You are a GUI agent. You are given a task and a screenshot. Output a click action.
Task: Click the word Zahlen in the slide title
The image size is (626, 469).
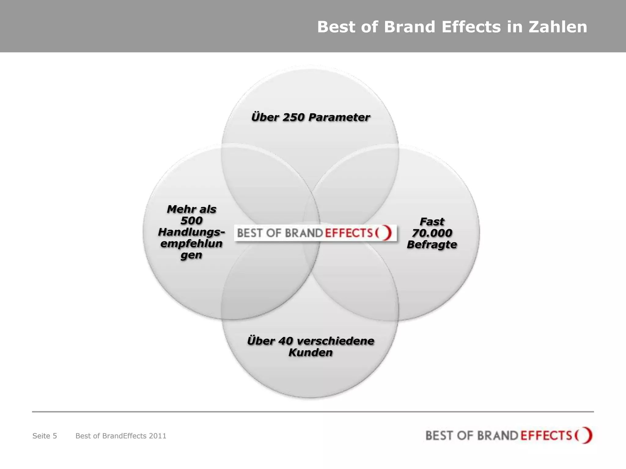[558, 27]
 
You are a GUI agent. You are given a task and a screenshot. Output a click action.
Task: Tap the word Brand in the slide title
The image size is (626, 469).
[409, 27]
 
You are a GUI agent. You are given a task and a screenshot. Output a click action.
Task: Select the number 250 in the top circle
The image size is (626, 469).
[293, 117]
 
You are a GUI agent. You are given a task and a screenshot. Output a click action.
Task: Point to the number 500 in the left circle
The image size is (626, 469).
[192, 220]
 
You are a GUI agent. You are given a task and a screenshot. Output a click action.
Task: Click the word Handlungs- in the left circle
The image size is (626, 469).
[192, 232]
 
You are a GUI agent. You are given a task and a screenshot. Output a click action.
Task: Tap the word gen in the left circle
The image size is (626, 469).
[191, 255]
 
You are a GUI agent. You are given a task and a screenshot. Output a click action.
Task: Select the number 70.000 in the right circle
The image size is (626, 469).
[432, 233]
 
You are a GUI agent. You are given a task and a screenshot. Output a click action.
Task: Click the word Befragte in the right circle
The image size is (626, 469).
[432, 245]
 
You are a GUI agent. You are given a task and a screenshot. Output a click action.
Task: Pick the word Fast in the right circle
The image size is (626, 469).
[432, 221]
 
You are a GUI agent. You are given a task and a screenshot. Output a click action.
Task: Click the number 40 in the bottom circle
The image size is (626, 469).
[286, 341]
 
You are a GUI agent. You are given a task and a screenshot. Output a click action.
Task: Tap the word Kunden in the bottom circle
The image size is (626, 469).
[311, 352]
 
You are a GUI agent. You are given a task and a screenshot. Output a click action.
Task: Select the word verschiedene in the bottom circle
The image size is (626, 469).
[335, 341]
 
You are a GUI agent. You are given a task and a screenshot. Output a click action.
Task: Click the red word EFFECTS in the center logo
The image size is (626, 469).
[349, 233]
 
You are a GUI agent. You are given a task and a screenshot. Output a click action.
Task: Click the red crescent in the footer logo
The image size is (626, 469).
[587, 435]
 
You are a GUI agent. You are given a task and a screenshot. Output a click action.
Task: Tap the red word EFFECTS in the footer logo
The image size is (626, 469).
[546, 435]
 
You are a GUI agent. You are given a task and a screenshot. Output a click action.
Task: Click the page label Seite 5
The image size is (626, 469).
[45, 436]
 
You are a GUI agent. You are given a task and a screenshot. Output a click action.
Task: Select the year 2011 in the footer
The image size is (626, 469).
[157, 436]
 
